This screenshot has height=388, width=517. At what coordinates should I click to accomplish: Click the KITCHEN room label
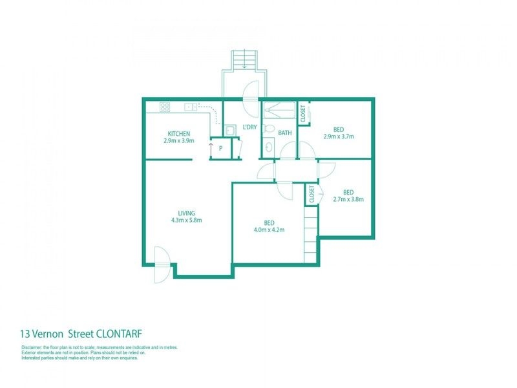[179, 134]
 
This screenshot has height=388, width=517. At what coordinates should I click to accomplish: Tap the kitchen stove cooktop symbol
[165, 107]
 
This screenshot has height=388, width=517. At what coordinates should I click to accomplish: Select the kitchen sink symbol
[191, 107]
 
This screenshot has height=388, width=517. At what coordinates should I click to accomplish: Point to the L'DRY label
[249, 127]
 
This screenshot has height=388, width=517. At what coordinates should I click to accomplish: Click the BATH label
[285, 133]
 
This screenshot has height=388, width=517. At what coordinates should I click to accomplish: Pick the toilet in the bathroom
[269, 128]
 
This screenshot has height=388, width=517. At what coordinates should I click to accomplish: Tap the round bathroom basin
[269, 147]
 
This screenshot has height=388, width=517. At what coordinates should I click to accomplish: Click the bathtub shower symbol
[279, 110]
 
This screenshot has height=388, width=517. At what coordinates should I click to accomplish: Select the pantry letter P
[220, 149]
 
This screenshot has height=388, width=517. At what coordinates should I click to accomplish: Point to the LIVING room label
[186, 213]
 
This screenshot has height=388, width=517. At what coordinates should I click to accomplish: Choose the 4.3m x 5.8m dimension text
[186, 220]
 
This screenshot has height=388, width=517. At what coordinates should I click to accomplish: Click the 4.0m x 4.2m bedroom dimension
[269, 230]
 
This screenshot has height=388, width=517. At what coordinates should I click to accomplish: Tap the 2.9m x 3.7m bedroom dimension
[338, 136]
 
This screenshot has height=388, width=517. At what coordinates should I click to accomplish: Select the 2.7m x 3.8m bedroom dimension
[348, 199]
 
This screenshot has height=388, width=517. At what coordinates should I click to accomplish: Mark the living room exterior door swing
[164, 264]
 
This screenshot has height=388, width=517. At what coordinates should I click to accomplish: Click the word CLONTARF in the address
[119, 334]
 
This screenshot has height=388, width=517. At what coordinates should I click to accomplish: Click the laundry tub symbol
[230, 130]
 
